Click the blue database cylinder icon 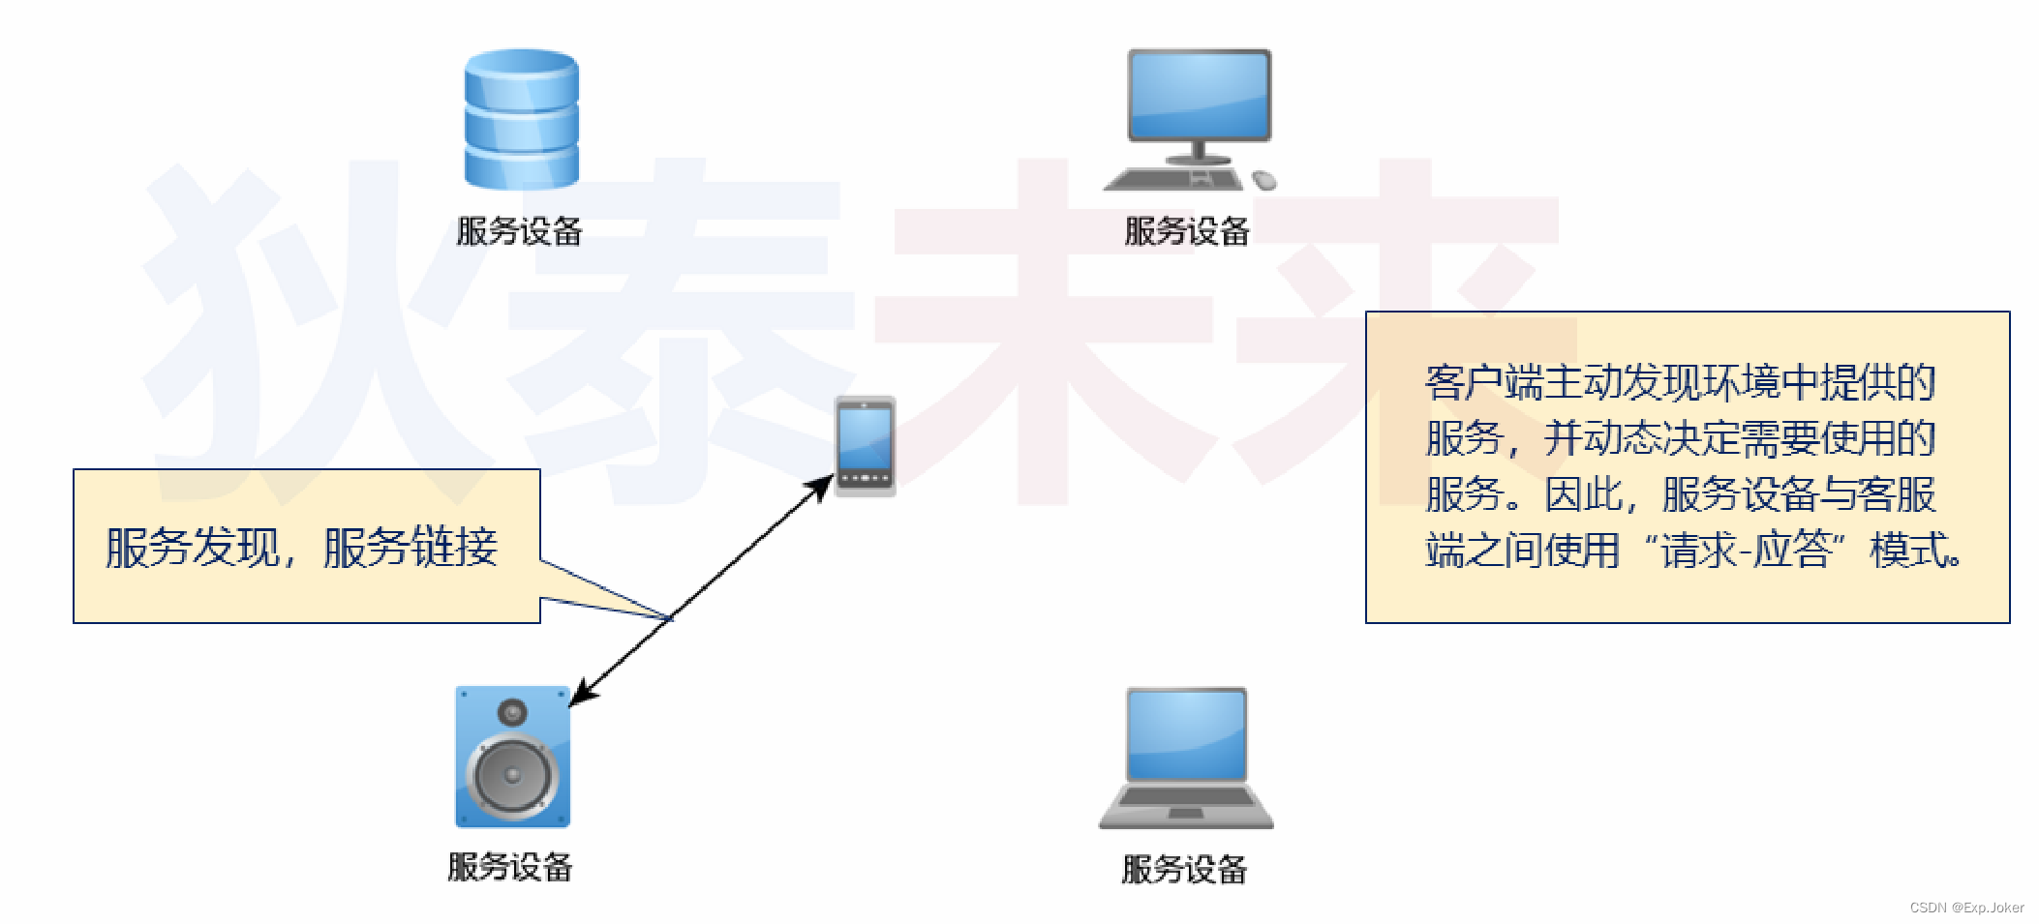(521, 119)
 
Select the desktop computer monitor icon (1199, 97)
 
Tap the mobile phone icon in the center (865, 446)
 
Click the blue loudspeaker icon (512, 757)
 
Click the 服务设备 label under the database (519, 231)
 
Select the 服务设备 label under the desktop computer (1187, 231)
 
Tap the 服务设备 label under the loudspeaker (510, 867)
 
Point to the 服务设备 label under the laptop (1184, 869)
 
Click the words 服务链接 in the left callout (411, 548)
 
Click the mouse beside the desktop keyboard (1264, 180)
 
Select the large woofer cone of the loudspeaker (512, 775)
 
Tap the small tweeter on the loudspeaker (512, 714)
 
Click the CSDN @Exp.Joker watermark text (1966, 908)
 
